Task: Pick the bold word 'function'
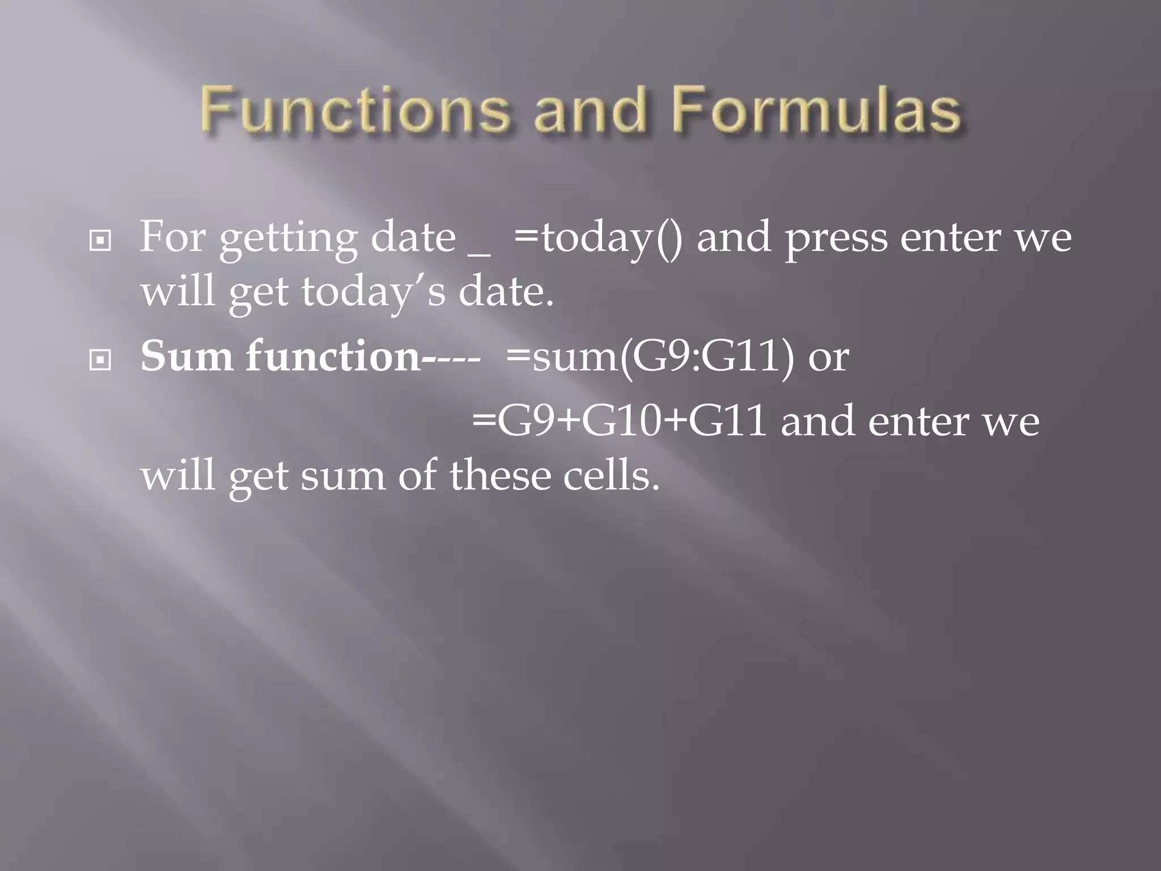click(x=334, y=357)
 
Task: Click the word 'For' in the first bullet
click(x=172, y=237)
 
